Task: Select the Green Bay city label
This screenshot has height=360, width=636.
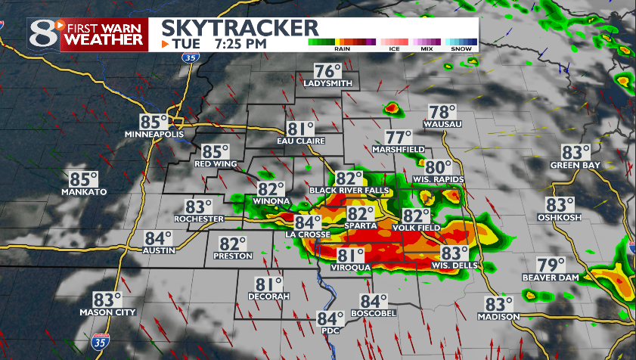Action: point(580,165)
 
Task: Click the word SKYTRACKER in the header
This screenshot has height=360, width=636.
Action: point(240,28)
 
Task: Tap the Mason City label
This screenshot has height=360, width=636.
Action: point(107,312)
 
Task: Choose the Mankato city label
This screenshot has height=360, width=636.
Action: point(84,192)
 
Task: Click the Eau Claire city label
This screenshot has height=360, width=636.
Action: point(300,141)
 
